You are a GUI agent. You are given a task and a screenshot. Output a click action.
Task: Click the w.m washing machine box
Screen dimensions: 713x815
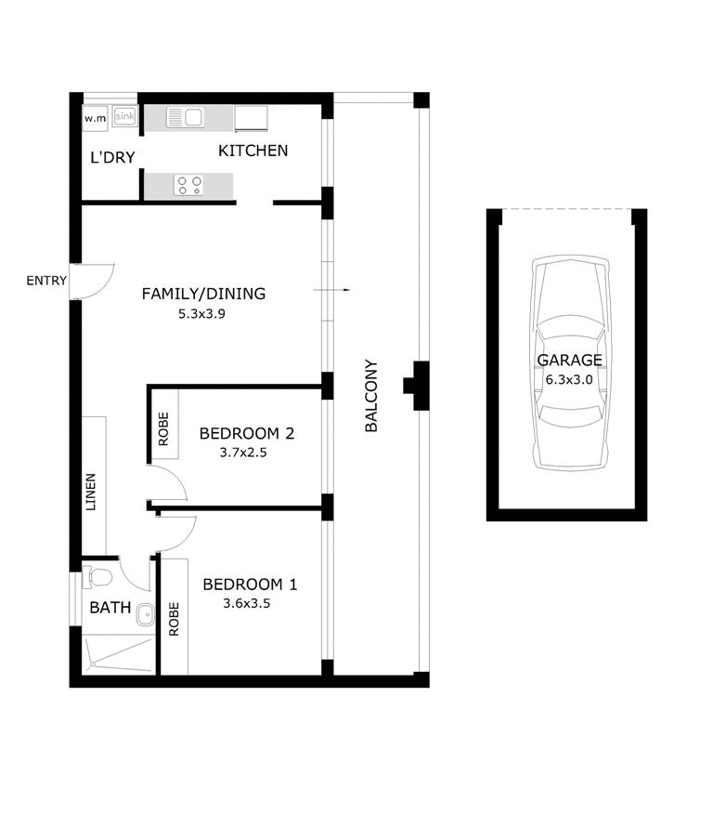tap(95, 119)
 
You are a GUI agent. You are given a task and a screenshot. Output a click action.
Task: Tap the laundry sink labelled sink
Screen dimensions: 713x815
tap(124, 116)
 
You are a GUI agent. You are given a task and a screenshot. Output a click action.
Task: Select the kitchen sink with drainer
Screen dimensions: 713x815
tap(185, 117)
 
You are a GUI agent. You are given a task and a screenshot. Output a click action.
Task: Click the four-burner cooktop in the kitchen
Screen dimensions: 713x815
tap(189, 186)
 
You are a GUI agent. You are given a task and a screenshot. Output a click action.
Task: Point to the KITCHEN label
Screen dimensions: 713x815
tap(253, 151)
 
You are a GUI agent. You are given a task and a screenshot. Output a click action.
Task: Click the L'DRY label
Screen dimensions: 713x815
tap(112, 157)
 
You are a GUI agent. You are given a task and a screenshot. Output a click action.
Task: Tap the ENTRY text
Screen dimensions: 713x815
tap(46, 281)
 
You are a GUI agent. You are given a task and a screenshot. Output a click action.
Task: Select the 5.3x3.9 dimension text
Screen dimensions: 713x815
tap(201, 314)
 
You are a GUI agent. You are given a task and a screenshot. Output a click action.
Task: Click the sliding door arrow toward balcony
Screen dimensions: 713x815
tap(331, 290)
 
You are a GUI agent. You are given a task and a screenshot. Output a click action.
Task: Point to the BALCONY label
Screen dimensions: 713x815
tap(371, 396)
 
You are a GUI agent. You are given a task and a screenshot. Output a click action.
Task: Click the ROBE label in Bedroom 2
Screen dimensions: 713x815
tap(163, 428)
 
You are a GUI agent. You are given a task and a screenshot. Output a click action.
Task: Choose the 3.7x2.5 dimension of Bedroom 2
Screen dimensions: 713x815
tap(243, 453)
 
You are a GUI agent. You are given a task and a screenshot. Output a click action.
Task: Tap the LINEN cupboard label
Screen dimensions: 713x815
tap(91, 492)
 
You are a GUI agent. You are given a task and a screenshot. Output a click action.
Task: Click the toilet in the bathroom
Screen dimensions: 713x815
tap(97, 577)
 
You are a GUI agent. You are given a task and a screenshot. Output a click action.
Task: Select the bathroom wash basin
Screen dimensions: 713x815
tap(146, 615)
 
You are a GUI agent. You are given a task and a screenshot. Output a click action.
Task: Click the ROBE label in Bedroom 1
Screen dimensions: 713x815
tap(174, 619)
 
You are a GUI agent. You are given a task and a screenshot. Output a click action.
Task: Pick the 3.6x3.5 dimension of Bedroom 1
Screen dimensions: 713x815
tap(247, 603)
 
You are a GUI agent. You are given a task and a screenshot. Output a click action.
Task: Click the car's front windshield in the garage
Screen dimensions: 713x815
tap(570, 328)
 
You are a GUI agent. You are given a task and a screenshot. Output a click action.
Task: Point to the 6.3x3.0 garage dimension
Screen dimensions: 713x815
tap(569, 379)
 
